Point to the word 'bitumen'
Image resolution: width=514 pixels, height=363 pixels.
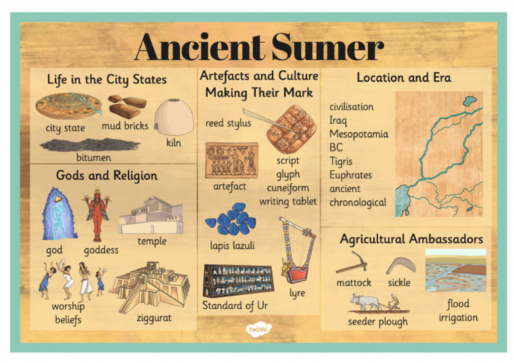pyautogui.click(x=93, y=158)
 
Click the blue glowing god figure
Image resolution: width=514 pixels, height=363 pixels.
pyautogui.click(x=59, y=214)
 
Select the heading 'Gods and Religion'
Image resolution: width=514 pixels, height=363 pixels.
pyautogui.click(x=107, y=176)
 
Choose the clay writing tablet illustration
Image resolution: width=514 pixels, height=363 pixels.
pyautogui.click(x=286, y=128)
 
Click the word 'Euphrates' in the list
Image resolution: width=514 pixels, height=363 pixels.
pyautogui.click(x=351, y=175)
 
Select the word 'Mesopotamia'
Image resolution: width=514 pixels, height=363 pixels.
pyautogui.click(x=358, y=134)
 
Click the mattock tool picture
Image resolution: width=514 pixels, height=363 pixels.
pyautogui.click(x=351, y=263)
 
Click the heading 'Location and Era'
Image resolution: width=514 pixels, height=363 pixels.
pyautogui.click(x=404, y=78)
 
